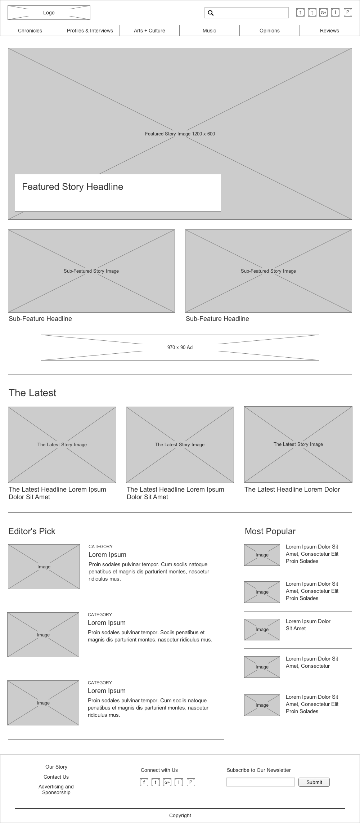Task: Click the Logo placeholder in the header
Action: pos(49,13)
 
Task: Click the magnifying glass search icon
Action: pos(211,13)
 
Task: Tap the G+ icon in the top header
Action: pos(323,13)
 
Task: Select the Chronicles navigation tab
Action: pos(30,31)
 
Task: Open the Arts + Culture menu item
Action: pos(149,31)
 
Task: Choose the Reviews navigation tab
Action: pos(329,31)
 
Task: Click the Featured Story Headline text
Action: pos(73,187)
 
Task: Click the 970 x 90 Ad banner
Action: pos(180,347)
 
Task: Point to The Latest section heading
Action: pos(32,393)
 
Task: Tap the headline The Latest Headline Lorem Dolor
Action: pos(292,489)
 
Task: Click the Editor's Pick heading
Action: pos(32,531)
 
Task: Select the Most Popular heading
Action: pos(270,531)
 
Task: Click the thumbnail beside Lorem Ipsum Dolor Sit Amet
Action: pos(262,629)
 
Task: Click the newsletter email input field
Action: pos(260,782)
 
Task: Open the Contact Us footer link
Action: pos(56,777)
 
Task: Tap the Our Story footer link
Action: pos(56,767)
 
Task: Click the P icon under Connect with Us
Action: pos(191,782)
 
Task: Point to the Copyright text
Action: pos(180,815)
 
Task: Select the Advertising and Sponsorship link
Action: pos(56,790)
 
